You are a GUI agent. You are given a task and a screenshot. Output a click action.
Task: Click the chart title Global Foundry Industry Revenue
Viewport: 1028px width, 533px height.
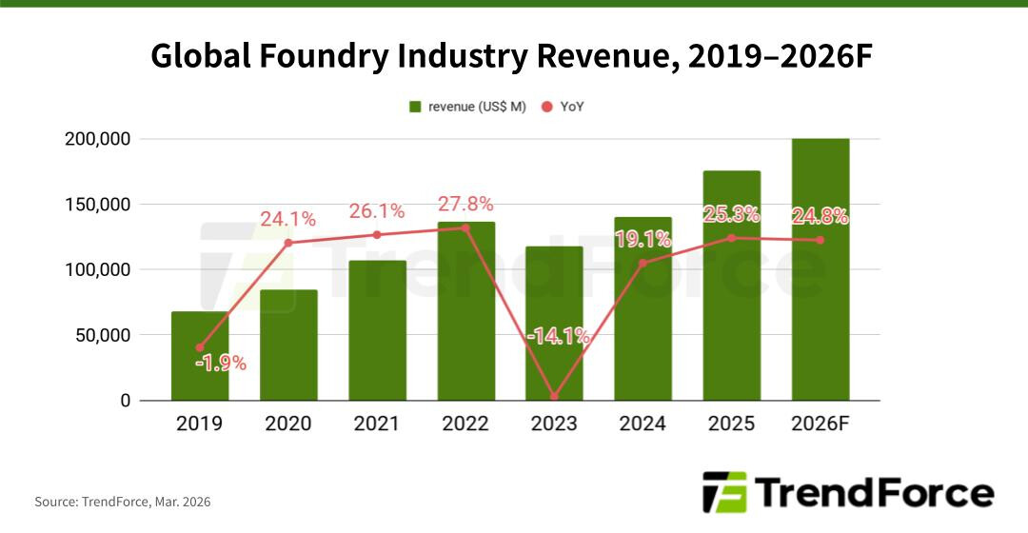coord(512,57)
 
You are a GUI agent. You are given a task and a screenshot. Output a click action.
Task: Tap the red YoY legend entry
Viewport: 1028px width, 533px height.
coord(563,107)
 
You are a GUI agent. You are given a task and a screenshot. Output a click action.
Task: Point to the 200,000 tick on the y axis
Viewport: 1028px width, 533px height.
coord(95,139)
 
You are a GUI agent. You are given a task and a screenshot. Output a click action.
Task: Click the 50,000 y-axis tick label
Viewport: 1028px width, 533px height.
coord(100,335)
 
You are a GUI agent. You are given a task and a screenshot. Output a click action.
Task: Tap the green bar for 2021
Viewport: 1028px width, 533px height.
coord(377,333)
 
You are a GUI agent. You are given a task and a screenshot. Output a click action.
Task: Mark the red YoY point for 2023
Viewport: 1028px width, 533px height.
coord(554,397)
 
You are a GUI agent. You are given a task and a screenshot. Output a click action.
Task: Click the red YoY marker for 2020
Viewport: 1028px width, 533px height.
coord(288,243)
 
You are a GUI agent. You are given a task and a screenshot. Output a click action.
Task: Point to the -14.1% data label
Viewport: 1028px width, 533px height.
coord(557,335)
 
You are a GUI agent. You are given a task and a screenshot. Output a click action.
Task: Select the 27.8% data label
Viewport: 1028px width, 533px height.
coord(465,205)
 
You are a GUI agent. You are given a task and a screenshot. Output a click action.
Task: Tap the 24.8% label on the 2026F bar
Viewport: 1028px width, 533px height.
coord(820,216)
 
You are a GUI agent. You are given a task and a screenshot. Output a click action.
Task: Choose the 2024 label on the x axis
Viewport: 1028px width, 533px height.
coord(642,424)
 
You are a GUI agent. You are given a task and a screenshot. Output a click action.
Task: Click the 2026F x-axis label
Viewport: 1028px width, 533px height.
coord(820,424)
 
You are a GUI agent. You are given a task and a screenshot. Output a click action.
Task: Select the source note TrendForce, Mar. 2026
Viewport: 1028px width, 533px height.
coord(123,502)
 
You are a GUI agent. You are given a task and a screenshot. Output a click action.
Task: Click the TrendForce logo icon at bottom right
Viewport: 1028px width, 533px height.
coord(723,492)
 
